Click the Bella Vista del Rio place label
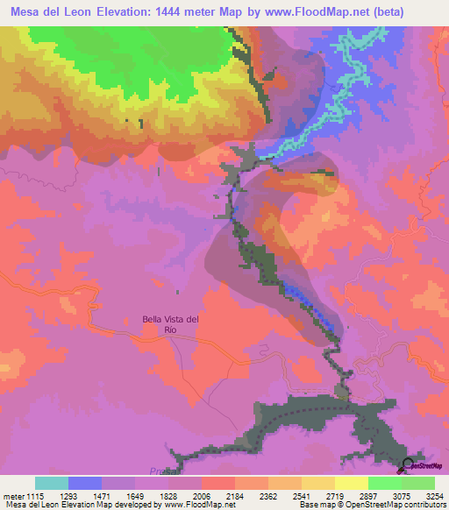tap(171, 325)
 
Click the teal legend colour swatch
tap(52, 483)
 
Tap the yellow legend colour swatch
tap(352, 483)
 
